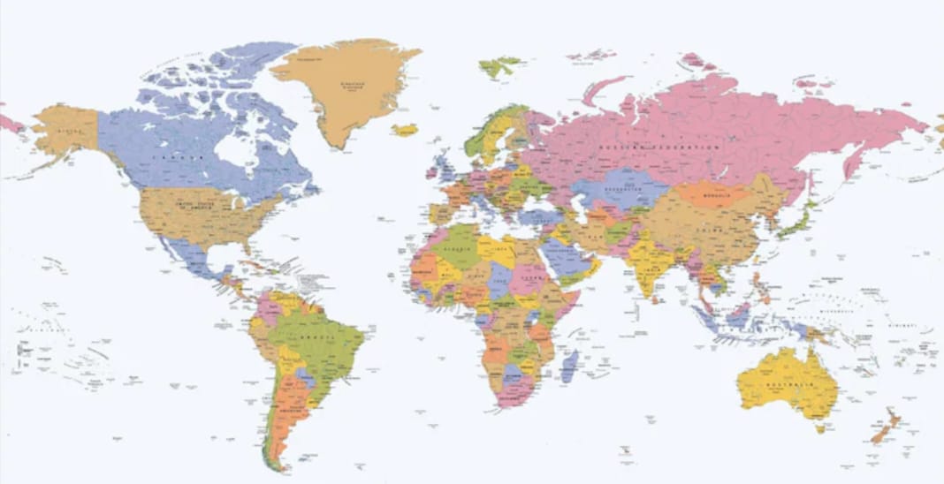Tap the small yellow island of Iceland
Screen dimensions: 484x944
(x=406, y=130)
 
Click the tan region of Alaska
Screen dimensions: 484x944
(x=67, y=129)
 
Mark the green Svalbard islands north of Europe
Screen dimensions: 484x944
(x=500, y=65)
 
